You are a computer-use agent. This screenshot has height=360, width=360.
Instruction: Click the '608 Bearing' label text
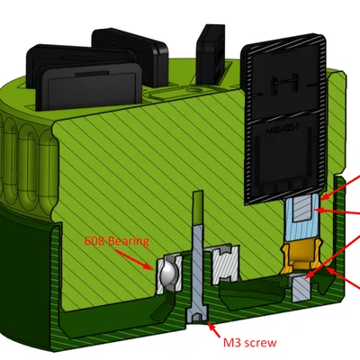[117, 241]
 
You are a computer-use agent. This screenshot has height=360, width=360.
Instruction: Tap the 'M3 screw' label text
[250, 342]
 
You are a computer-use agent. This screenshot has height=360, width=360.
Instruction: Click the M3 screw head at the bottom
[197, 313]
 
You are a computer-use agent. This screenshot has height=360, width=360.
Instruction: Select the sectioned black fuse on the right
[285, 119]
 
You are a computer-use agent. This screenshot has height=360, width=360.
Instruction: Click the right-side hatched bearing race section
[226, 265]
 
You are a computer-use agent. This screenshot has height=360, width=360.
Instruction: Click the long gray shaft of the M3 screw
[198, 264]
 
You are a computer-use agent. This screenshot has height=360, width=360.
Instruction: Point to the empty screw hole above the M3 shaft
[198, 207]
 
